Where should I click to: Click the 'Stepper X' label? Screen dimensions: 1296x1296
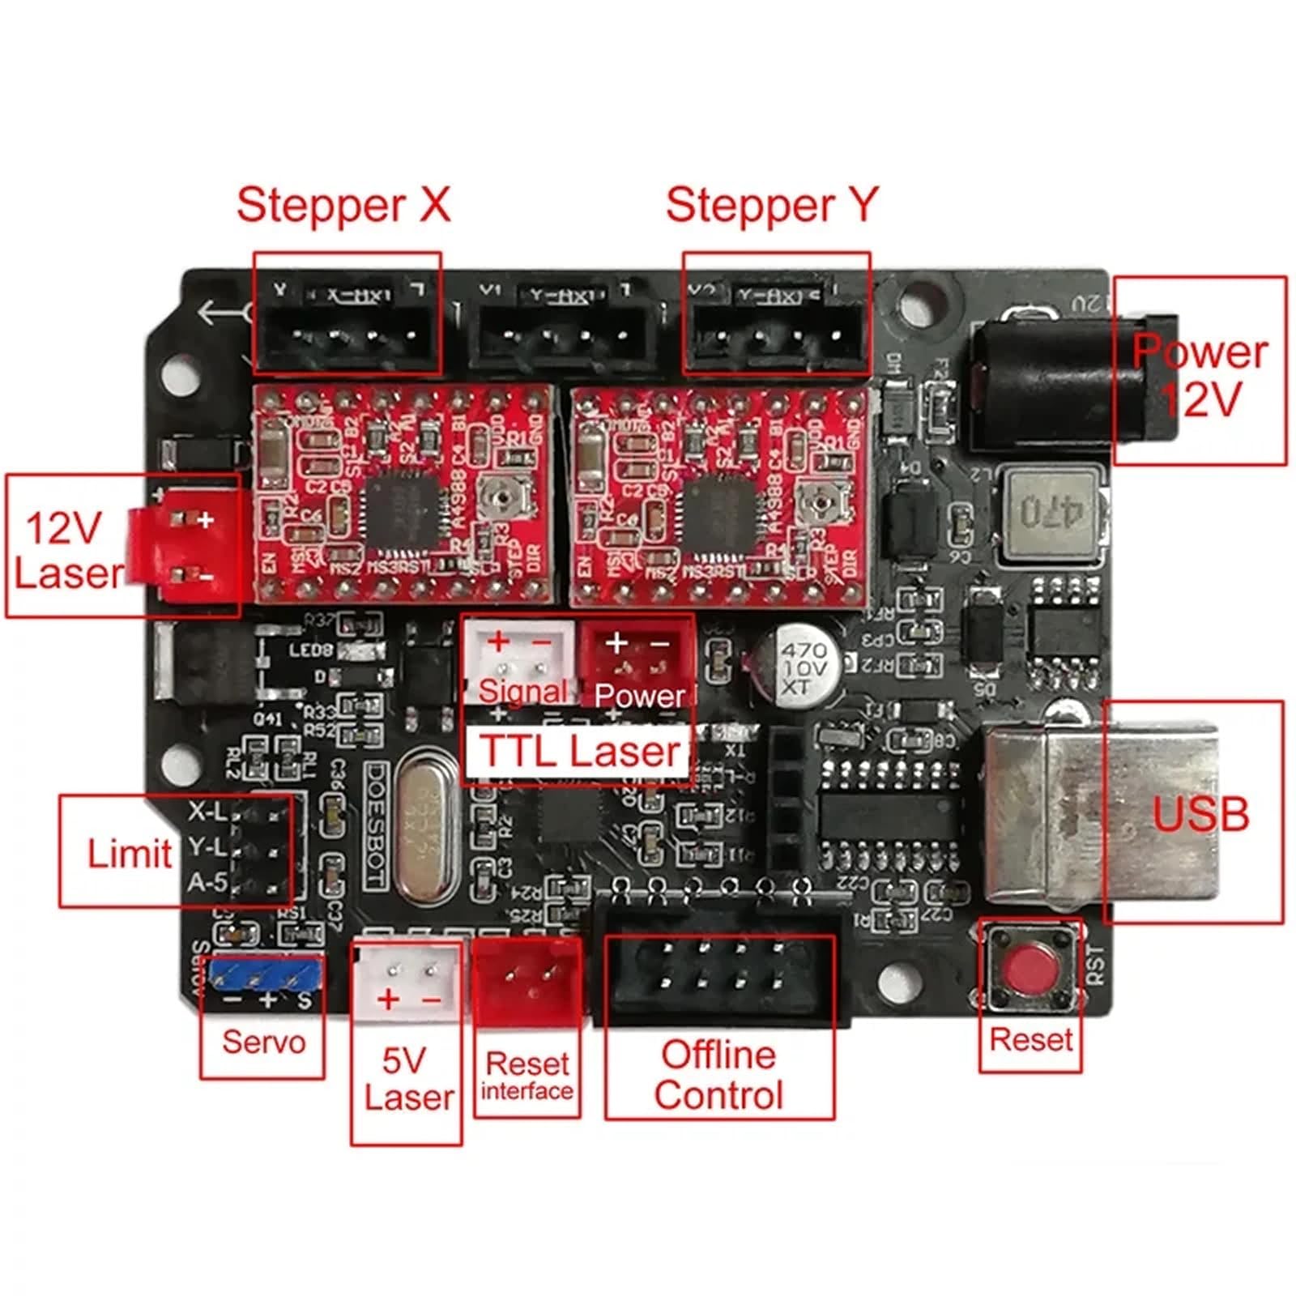343,205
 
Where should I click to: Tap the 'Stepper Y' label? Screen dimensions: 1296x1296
771,205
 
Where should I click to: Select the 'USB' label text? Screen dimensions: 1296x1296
1200,814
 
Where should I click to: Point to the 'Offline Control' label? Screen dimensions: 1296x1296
718,1075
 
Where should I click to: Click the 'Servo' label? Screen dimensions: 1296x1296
263,1042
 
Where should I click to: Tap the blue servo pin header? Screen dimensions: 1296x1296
263,975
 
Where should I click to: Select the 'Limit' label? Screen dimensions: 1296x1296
130,854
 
